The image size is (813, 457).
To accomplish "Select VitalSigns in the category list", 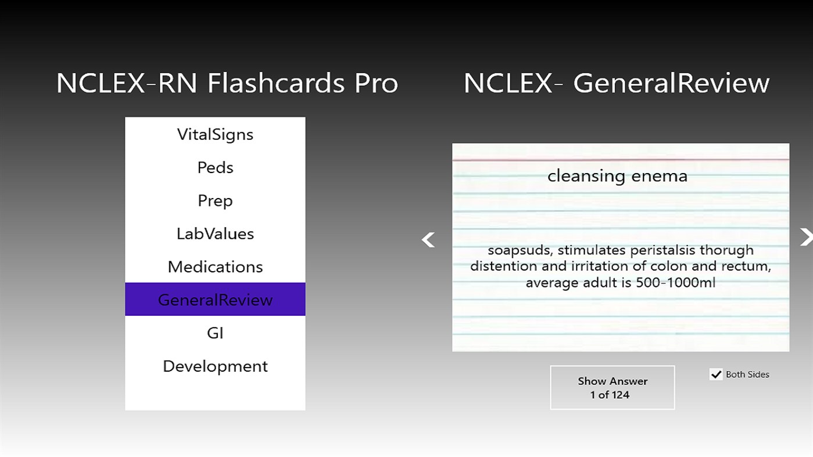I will point(215,134).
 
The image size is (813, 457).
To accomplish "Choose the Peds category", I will point(215,167).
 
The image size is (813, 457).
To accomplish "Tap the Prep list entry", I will point(215,200).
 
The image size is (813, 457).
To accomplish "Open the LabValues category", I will point(215,233).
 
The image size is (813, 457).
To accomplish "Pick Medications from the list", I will point(215,267).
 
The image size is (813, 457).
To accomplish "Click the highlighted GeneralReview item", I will point(215,300).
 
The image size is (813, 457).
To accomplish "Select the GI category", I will point(215,333).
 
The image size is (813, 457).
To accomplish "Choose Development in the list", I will point(215,366).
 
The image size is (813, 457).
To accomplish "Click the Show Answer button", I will point(612,387).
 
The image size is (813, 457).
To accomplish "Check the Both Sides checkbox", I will point(716,375).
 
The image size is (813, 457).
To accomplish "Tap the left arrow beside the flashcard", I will point(428,239).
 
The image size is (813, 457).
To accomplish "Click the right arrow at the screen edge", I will point(806,237).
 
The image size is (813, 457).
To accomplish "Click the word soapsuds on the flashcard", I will point(519,250).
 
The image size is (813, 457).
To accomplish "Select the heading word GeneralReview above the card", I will point(671,83).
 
